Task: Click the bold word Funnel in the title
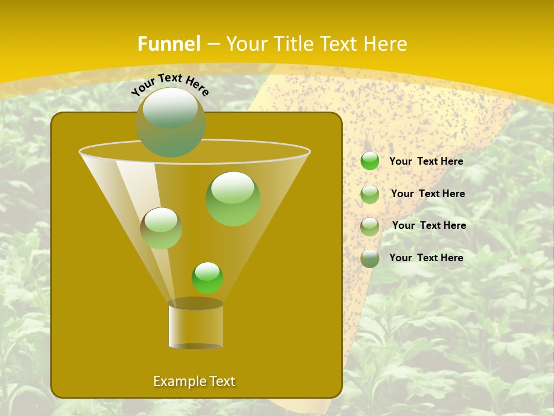[169, 44]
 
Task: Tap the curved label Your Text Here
[170, 84]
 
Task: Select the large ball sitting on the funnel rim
[171, 122]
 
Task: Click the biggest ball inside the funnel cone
[233, 199]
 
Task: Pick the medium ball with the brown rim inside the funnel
[161, 228]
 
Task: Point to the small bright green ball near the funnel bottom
[207, 277]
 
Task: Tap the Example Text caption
[194, 381]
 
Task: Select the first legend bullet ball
[370, 161]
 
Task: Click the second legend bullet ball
[370, 194]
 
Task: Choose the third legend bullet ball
[370, 226]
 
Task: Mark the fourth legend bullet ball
[370, 258]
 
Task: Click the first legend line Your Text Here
[426, 161]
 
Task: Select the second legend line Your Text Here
[428, 194]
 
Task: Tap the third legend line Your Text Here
[429, 225]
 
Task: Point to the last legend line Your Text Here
[426, 258]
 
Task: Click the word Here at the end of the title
[385, 44]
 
